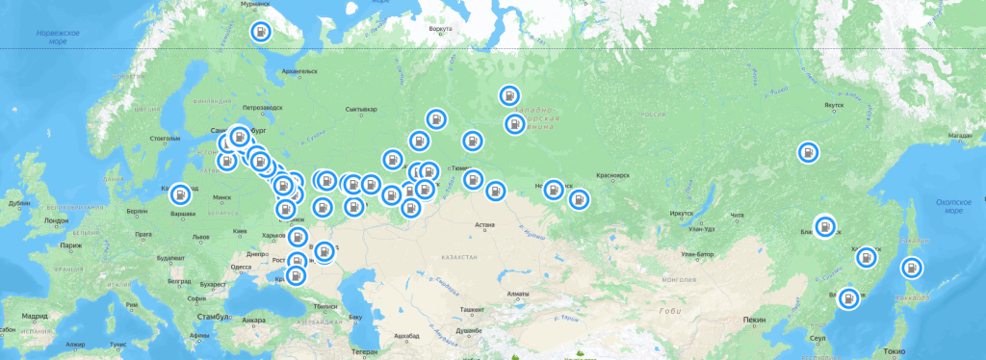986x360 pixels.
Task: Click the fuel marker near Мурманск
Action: pyautogui.click(x=261, y=32)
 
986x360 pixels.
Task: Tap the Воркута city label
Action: pyautogui.click(x=440, y=29)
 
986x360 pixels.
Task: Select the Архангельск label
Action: pyautogui.click(x=298, y=71)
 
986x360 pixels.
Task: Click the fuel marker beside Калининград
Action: pyautogui.click(x=181, y=194)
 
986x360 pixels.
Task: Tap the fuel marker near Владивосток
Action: pyautogui.click(x=848, y=297)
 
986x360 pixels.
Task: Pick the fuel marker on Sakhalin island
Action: pyautogui.click(x=909, y=269)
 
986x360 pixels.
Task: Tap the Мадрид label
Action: pyautogui.click(x=37, y=316)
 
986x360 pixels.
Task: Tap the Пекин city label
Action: pyautogui.click(x=755, y=319)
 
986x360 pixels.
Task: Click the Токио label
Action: pyautogui.click(x=895, y=351)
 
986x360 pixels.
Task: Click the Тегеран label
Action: pyautogui.click(x=365, y=351)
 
